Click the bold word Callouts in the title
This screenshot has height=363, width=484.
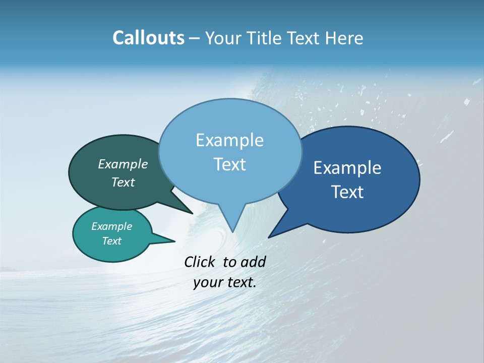click(x=148, y=38)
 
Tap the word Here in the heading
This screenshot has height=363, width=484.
click(x=344, y=38)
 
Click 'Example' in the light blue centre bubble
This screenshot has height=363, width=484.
click(x=229, y=140)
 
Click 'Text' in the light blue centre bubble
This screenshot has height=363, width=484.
click(x=229, y=164)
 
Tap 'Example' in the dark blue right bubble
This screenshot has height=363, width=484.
click(x=347, y=168)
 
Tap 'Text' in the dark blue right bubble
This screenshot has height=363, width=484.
click(x=347, y=192)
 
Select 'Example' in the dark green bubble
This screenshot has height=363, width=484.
click(x=123, y=164)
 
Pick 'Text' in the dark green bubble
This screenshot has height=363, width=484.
click(x=123, y=182)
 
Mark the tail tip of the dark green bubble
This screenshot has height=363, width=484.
click(x=192, y=213)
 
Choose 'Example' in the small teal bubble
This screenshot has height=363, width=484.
click(x=111, y=226)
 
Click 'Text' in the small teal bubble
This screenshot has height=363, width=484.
click(x=111, y=241)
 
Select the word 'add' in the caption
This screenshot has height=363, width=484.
click(x=253, y=262)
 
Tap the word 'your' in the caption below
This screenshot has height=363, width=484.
click(x=208, y=283)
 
